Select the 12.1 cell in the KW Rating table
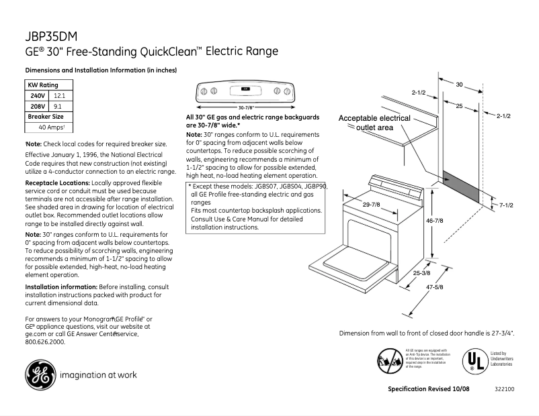60,96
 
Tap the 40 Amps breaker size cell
52,127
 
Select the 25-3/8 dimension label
423,273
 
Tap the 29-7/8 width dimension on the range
371,204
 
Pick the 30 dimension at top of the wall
460,85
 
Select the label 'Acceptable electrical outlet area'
374,123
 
